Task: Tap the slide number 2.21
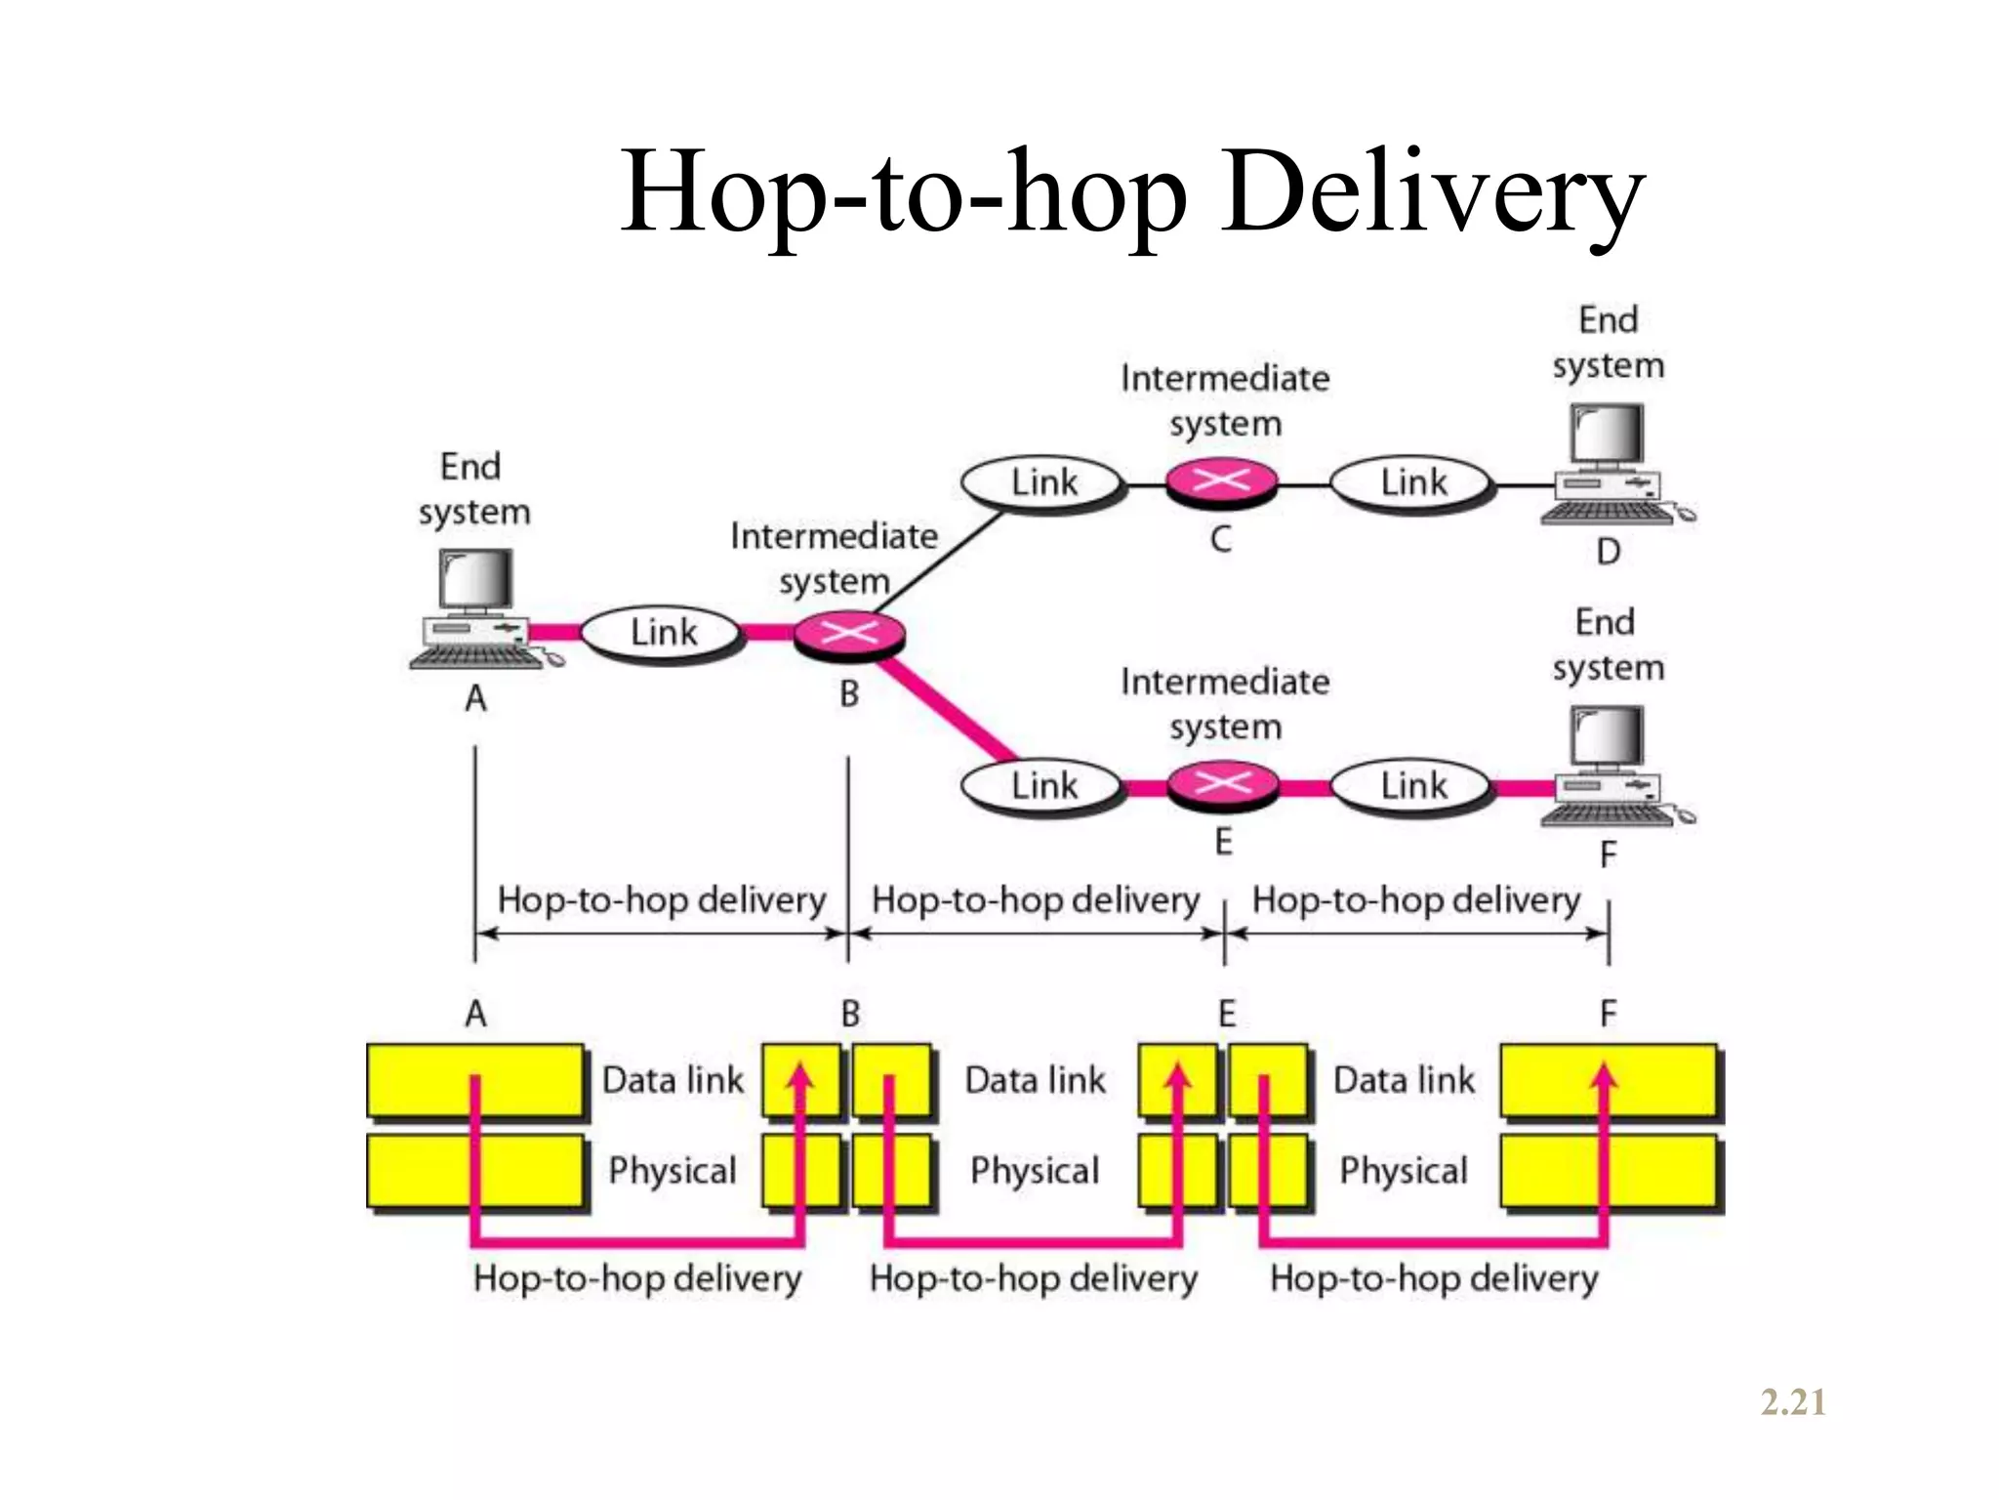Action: click(1793, 1402)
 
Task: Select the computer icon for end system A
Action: click(477, 609)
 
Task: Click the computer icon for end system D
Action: click(1609, 464)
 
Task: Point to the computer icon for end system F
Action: click(1609, 767)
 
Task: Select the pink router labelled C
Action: click(1221, 481)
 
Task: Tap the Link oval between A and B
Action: click(663, 633)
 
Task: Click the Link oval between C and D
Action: click(1412, 482)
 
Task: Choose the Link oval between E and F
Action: click(1412, 785)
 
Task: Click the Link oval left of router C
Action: click(1042, 482)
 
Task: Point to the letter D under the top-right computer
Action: click(1609, 553)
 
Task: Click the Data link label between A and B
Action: click(673, 1080)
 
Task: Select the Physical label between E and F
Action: click(1403, 1170)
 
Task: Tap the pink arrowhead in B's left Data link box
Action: click(800, 1076)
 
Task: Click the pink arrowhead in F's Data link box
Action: click(1604, 1076)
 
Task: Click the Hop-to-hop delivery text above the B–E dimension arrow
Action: click(1035, 899)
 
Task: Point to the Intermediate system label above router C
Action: click(1225, 400)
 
